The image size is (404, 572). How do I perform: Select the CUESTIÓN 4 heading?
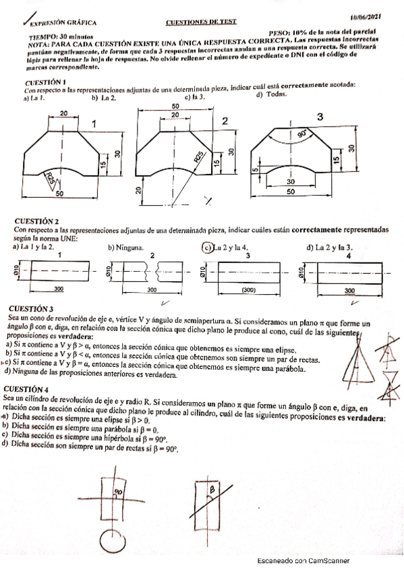click(26, 389)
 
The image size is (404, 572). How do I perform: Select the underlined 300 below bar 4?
click(350, 290)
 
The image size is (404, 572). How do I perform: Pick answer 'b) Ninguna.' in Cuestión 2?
click(126, 248)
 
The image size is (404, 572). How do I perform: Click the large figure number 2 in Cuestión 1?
click(225, 121)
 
